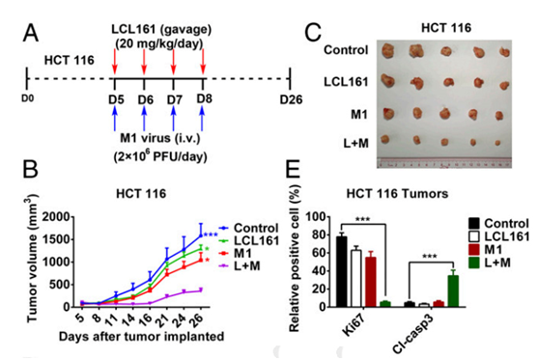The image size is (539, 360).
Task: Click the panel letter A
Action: coord(31,34)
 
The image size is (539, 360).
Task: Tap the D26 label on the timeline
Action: coord(291,99)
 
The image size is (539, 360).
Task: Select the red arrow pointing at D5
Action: coord(115,61)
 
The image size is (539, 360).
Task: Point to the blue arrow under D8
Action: coord(202,118)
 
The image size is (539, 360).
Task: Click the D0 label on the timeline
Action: coord(27,98)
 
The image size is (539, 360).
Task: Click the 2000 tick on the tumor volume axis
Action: coord(57,217)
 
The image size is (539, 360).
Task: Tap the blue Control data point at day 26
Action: coord(201,235)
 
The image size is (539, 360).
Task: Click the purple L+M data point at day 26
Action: coord(201,291)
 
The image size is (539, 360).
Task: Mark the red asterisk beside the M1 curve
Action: coord(207,260)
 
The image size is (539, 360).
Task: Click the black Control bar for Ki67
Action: coord(341,271)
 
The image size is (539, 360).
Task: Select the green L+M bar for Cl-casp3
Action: coord(453,291)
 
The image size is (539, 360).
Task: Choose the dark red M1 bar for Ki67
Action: coord(371,282)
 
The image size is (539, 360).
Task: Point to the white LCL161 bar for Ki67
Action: coord(356,278)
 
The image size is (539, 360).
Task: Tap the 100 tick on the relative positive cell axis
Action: coord(316,217)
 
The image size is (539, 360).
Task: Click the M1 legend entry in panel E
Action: coord(485,250)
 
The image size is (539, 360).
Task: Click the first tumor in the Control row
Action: coord(387,50)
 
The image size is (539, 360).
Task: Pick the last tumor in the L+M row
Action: coord(497,143)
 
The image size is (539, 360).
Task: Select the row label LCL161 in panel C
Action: coord(346,82)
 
